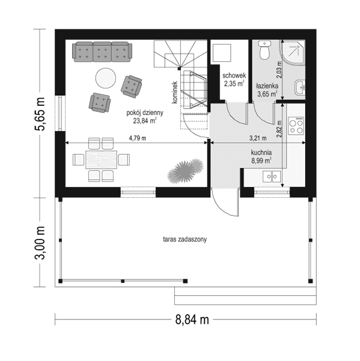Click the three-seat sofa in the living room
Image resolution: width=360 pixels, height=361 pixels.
point(102,51)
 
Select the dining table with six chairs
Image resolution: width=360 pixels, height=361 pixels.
point(101,160)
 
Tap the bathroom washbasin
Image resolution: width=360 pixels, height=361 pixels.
point(301,88)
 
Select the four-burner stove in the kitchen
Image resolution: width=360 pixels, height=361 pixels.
point(296,127)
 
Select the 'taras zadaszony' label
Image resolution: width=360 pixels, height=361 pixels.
point(185,239)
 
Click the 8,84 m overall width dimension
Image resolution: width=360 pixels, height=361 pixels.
point(191,319)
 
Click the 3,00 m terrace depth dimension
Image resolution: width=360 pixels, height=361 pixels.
point(41,243)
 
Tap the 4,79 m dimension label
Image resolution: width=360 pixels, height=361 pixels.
point(138,139)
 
